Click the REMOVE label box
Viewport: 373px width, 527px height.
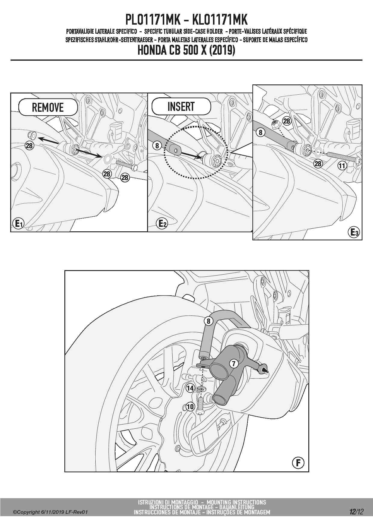48,107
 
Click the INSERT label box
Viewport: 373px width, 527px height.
181,106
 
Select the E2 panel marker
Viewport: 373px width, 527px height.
162,223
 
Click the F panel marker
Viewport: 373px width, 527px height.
298,463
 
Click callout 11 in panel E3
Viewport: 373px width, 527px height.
342,166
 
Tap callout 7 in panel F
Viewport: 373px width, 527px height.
234,364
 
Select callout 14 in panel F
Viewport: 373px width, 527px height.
190,388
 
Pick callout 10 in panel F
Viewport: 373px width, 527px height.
190,407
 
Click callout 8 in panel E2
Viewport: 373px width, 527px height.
157,146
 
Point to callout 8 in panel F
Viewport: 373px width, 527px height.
208,321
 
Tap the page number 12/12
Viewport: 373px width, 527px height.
356,511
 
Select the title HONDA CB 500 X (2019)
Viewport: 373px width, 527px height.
186,50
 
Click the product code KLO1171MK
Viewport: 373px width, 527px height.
220,20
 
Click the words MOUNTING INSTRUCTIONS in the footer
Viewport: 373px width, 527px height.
236,502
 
